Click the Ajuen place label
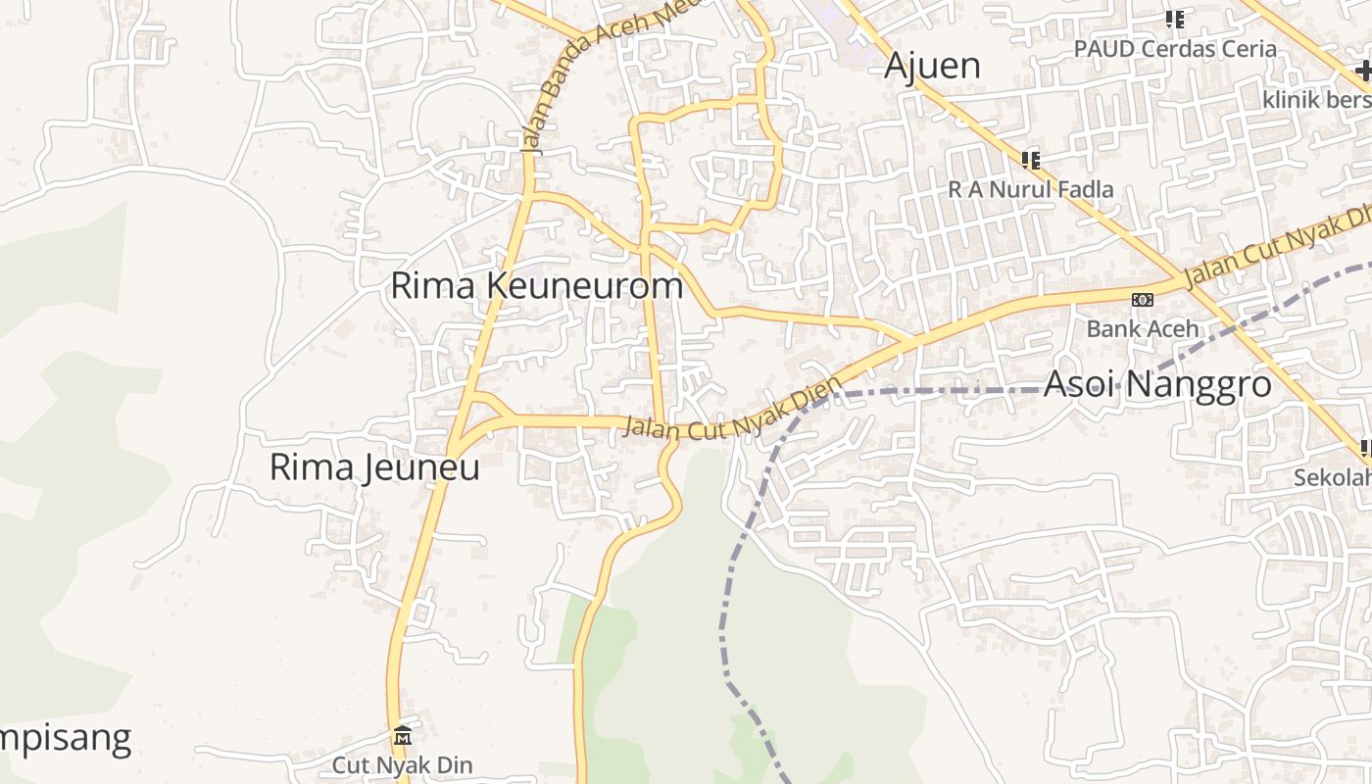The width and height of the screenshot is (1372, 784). [x=932, y=66]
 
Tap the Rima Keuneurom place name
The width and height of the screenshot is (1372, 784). [x=536, y=286]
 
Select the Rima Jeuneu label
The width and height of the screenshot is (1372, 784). [x=374, y=467]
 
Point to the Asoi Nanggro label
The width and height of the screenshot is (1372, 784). [x=1157, y=384]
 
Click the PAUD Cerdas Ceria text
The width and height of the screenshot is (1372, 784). [x=1175, y=49]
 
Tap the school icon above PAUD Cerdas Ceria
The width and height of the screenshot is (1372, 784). [x=1175, y=19]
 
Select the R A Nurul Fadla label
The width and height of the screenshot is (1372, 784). [x=1031, y=189]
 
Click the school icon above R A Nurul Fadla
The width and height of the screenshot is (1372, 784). [x=1030, y=159]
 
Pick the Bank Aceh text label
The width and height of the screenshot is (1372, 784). [x=1143, y=328]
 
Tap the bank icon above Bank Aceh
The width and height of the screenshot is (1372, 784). [x=1143, y=299]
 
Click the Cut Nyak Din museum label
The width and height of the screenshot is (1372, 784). [x=402, y=765]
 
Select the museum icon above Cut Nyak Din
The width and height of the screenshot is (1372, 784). [x=402, y=736]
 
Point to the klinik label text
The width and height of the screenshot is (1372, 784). [x=1316, y=100]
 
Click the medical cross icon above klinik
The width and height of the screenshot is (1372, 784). [x=1362, y=71]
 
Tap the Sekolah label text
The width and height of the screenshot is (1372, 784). [x=1332, y=477]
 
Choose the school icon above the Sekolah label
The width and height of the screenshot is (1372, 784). [x=1366, y=449]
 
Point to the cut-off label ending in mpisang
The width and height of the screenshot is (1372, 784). [x=65, y=738]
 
